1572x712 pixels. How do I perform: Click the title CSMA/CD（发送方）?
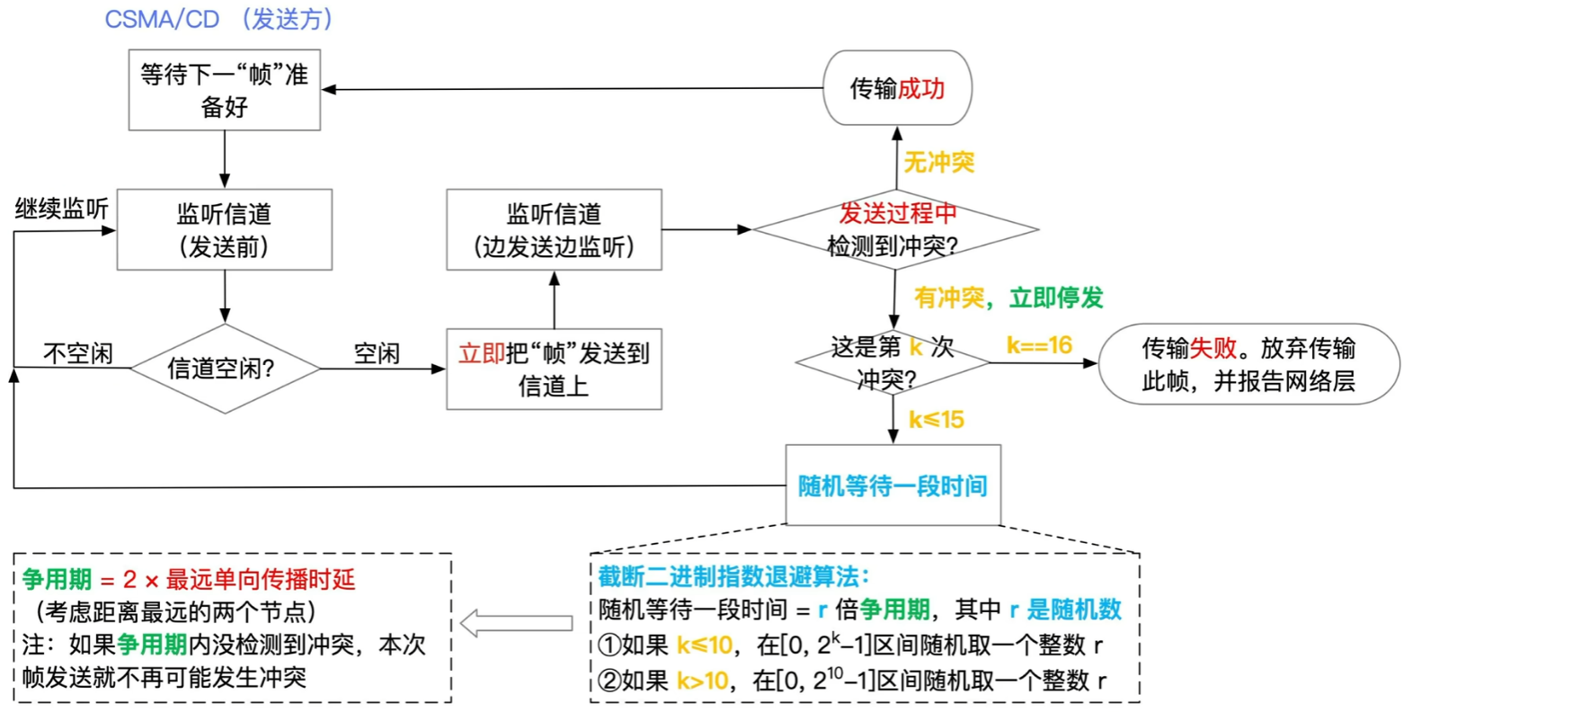click(x=218, y=19)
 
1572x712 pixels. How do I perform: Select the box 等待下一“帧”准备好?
click(x=224, y=90)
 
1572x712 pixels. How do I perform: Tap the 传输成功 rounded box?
click(x=897, y=88)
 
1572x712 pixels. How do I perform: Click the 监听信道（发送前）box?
click(x=224, y=229)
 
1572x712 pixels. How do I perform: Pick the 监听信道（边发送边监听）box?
click(x=554, y=229)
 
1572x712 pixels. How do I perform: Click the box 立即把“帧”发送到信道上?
click(x=554, y=369)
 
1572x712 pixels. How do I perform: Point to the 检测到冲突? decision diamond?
click(x=894, y=230)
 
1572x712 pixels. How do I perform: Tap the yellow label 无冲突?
click(x=938, y=162)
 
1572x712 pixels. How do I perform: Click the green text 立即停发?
click(x=1056, y=298)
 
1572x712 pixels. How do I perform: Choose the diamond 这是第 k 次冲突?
click(x=892, y=362)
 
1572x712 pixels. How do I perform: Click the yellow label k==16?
click(x=1039, y=345)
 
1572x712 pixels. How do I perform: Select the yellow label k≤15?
click(x=936, y=419)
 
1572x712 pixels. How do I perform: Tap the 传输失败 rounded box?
click(x=1248, y=364)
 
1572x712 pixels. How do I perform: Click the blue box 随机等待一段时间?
click(x=893, y=485)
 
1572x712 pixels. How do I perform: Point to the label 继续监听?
click(x=61, y=209)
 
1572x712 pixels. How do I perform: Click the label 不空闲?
click(x=78, y=353)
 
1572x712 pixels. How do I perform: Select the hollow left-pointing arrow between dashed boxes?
click(x=517, y=623)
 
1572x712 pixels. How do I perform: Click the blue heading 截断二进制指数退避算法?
click(x=733, y=576)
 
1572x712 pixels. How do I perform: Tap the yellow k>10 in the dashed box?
click(x=702, y=681)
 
